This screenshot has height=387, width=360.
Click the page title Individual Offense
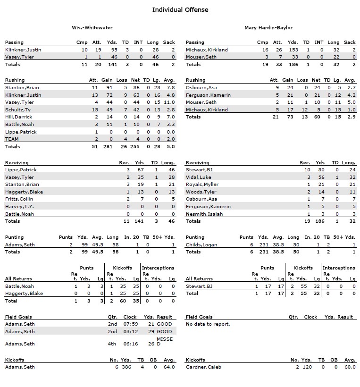coord(180,9)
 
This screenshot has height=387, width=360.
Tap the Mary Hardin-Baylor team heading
coord(268,28)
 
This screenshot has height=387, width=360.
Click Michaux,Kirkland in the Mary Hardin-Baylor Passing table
coord(207,50)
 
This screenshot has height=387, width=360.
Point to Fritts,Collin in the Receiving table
coord(19,199)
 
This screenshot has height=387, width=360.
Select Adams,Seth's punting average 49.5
coord(98,245)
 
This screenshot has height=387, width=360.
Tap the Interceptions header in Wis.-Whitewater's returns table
coord(158,268)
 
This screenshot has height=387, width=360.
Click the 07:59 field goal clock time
coord(130,324)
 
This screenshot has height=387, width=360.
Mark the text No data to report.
coord(208,324)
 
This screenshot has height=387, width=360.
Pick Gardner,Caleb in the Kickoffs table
coord(203,367)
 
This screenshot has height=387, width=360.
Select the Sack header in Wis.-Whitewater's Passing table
coord(169,42)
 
